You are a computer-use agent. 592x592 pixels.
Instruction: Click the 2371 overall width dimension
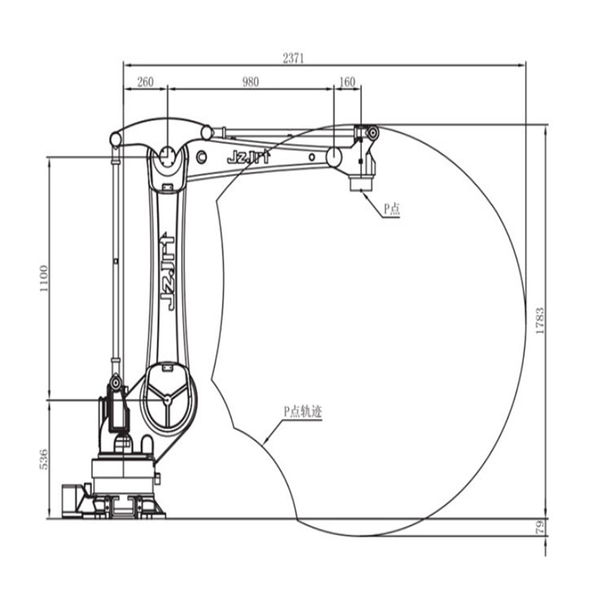[x=294, y=58]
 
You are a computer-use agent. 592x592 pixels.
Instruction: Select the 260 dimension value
[x=145, y=81]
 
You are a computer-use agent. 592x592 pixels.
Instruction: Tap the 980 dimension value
[x=250, y=81]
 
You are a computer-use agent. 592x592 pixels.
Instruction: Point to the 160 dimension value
[x=347, y=81]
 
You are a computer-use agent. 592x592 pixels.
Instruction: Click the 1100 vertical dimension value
[x=44, y=279]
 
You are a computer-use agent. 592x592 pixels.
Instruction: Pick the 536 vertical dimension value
[x=44, y=459]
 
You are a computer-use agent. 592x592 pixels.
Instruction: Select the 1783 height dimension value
[x=540, y=320]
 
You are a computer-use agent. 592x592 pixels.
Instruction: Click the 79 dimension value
[x=540, y=527]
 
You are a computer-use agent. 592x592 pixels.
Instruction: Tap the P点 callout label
[x=392, y=208]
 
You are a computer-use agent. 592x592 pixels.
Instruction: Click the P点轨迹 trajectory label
[x=303, y=411]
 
